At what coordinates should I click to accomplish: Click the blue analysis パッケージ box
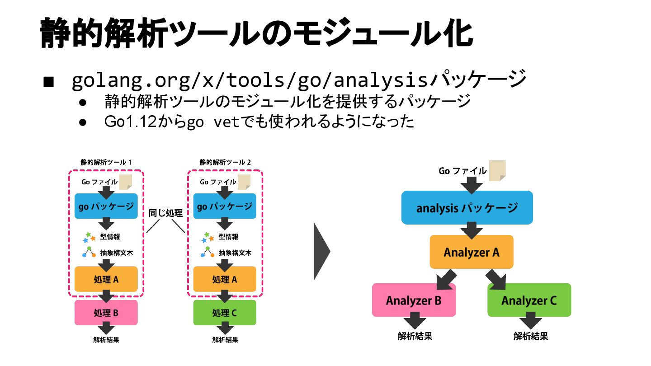[x=467, y=207]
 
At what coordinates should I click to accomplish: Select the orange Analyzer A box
[x=472, y=252]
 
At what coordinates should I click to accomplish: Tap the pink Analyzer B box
[x=414, y=300]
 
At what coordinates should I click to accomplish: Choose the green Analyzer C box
[x=529, y=300]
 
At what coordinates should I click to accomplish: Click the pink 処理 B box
[x=106, y=313]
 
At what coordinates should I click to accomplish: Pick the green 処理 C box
[x=225, y=313]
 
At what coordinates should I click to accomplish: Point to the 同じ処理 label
[x=165, y=213]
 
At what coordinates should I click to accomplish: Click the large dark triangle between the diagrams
[x=322, y=252]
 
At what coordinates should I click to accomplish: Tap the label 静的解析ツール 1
[x=106, y=162]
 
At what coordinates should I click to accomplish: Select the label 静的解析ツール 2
[x=225, y=162]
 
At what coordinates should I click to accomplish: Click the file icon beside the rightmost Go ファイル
[x=497, y=170]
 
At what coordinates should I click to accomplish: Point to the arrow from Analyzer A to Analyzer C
[x=496, y=280]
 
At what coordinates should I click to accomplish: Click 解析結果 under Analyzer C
[x=531, y=336]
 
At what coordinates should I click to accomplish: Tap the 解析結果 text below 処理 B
[x=106, y=340]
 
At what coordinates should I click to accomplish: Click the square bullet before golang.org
[x=48, y=82]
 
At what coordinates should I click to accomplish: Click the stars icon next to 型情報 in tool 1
[x=89, y=237]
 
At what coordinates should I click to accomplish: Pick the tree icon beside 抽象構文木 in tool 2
[x=208, y=252]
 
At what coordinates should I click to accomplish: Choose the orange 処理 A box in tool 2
[x=225, y=279]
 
